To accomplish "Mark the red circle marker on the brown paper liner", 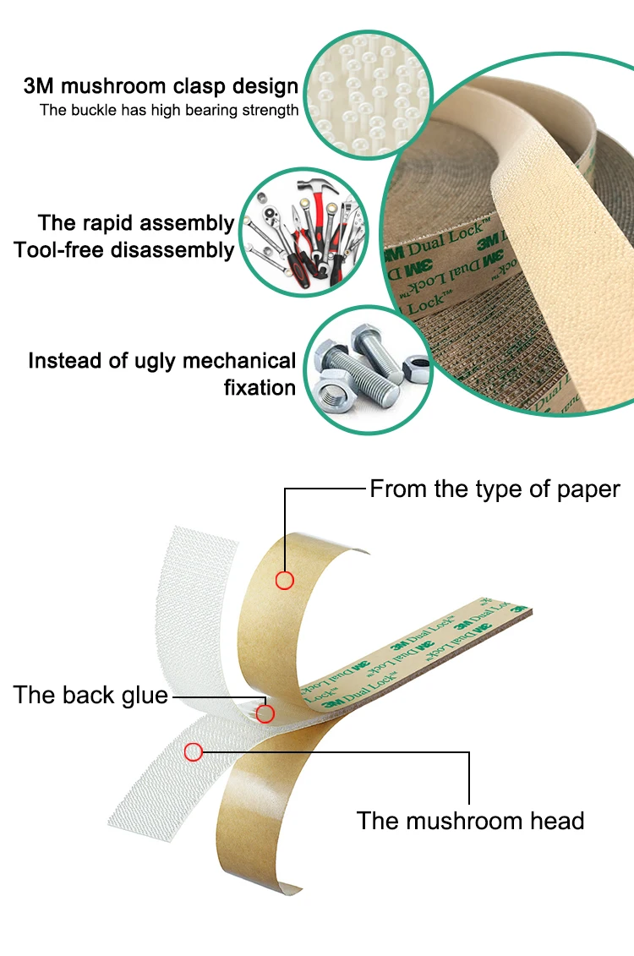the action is point(285,580).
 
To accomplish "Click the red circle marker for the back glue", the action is point(265,713).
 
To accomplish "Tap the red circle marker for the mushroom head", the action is point(194,751).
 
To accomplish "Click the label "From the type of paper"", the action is point(495,489).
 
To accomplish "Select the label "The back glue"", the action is point(90,696).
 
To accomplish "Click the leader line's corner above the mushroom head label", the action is point(469,751).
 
